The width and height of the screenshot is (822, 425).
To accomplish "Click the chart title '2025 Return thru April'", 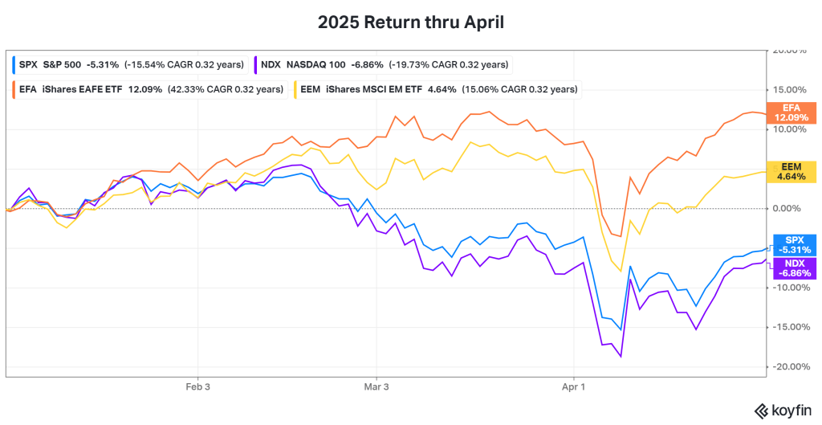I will (411, 22).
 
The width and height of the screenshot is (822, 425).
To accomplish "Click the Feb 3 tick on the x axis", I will (198, 386).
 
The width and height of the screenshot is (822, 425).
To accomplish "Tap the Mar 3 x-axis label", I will (376, 386).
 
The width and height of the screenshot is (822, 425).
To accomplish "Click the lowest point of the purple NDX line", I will (620, 356).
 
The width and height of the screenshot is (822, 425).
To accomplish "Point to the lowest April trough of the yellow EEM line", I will (620, 271).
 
